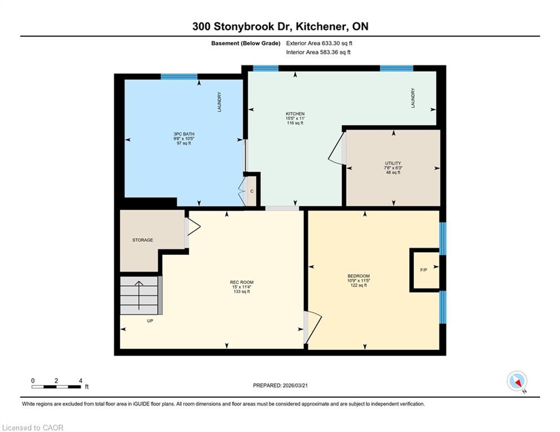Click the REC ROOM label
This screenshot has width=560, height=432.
tap(242, 282)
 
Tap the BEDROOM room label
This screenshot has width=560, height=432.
tap(359, 276)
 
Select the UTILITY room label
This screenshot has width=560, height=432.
tap(393, 163)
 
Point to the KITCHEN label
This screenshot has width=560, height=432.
tap(295, 114)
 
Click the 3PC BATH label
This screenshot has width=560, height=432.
tap(184, 134)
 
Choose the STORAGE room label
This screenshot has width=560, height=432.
tap(142, 240)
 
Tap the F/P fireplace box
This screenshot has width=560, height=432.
tap(424, 270)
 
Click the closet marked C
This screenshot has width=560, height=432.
tap(252, 191)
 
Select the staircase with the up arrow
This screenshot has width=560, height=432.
tap(139, 295)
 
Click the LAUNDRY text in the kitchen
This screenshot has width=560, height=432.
tap(413, 98)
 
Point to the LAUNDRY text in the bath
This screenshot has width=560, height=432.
tap(219, 102)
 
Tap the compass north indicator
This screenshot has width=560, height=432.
tap(517, 381)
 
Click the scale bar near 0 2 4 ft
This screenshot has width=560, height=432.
tap(56, 386)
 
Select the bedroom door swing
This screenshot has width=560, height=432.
tap(313, 327)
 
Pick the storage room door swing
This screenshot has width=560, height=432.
tap(192, 227)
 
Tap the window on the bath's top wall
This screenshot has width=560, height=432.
tap(179, 76)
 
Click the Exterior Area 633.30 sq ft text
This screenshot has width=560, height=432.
tap(319, 43)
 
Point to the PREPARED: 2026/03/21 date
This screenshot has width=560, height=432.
tap(280, 385)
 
